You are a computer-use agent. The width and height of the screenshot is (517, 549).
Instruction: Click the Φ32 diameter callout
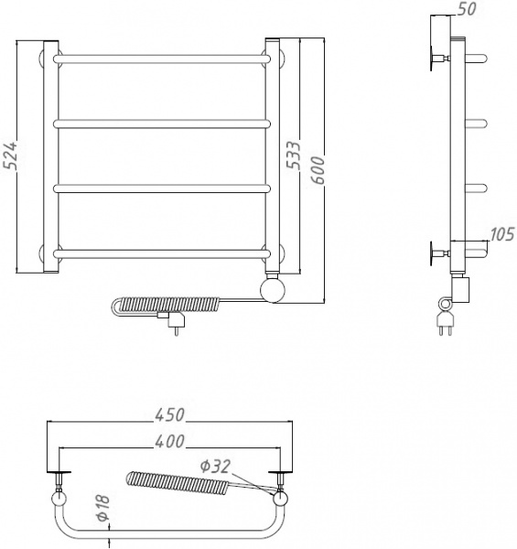point(214,465)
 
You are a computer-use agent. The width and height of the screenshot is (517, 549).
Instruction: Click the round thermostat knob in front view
point(273,291)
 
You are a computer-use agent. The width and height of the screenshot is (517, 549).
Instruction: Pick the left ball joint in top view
point(59,499)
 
